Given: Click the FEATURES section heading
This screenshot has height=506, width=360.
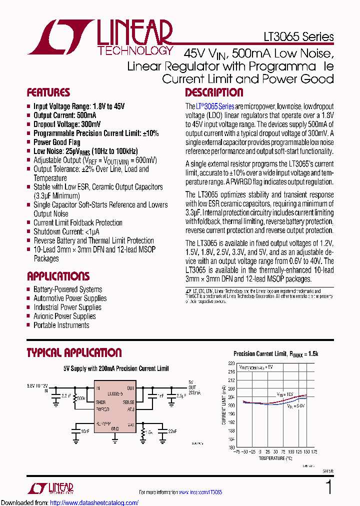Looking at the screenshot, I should point(48,92).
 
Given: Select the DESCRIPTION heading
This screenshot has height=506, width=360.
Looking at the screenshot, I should point(214,92).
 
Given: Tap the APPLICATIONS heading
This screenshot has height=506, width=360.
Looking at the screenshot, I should point(58,276).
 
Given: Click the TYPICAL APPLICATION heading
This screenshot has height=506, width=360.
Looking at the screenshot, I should point(74,353).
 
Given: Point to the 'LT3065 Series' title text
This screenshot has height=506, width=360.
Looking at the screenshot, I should point(298,37).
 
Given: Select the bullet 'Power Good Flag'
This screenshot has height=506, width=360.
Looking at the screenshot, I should point(56,142).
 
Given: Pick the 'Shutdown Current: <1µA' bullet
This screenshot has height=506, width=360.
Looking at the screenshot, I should point(66,231).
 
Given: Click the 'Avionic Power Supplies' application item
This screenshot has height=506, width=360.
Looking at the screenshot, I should point(64,316).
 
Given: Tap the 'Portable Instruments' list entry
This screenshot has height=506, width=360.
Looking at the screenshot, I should point(61,325).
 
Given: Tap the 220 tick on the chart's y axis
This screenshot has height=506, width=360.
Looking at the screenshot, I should point(231,363).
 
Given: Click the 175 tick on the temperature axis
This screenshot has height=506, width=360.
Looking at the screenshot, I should point(314,452).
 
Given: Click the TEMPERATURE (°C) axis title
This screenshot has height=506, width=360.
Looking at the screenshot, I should point(275,458).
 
